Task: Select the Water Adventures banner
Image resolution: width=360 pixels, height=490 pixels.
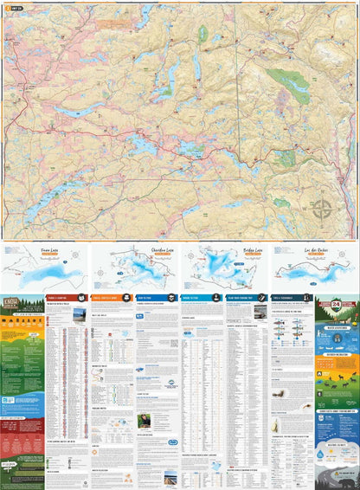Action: pyautogui.click(x=337, y=327)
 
